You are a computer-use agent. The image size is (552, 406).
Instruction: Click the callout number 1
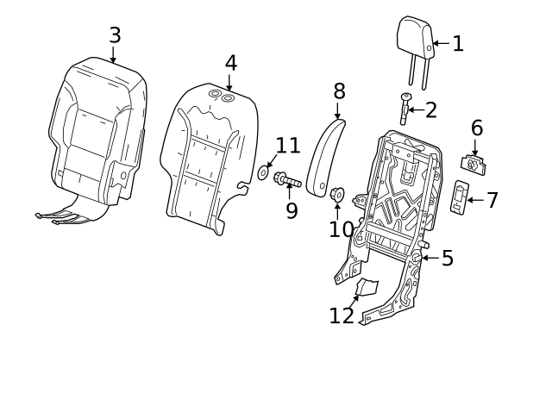pyautogui.click(x=458, y=44)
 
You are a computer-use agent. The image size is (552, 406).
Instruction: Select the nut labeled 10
pyautogui.click(x=337, y=194)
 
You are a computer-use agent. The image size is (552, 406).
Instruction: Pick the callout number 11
pyautogui.click(x=287, y=146)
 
